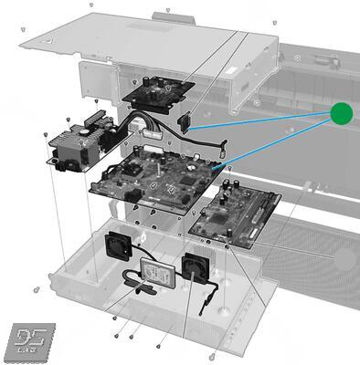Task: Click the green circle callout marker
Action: tap(341, 113)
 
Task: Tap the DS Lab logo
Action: tap(28, 340)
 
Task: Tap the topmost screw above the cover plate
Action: tap(167, 11)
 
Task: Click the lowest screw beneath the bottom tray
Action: tap(211, 355)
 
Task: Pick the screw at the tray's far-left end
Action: tap(35, 289)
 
